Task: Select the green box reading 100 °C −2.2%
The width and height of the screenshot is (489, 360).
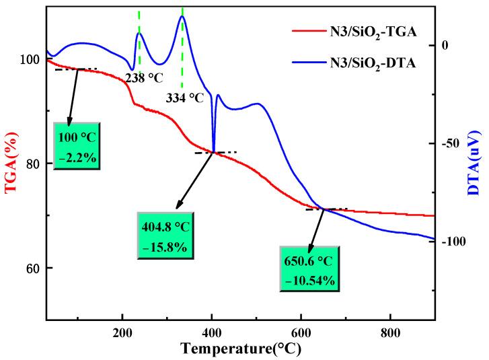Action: (77, 146)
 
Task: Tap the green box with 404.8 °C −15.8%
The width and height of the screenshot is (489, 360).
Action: (166, 237)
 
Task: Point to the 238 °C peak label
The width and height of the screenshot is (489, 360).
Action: (144, 78)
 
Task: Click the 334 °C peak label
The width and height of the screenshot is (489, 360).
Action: (185, 98)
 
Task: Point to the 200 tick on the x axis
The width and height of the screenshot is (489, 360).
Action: (122, 332)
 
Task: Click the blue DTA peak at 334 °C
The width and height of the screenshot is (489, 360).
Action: (182, 17)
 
